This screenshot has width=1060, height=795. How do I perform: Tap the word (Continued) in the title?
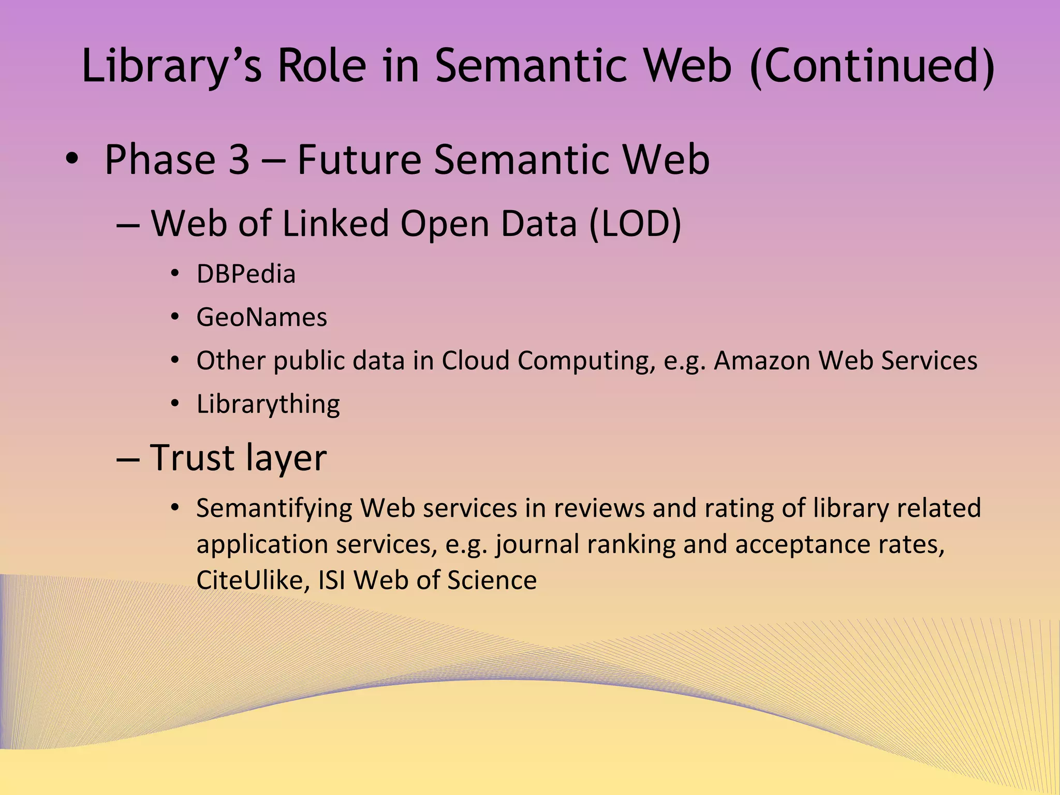point(872,66)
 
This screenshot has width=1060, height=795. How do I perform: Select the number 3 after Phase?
point(239,159)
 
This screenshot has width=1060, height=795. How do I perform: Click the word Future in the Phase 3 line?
point(359,159)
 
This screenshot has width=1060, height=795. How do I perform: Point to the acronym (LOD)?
point(635,224)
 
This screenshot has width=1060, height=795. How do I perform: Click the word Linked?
point(335,224)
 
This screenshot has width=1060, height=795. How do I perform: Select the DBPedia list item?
point(246,274)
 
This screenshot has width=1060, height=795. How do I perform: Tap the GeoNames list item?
point(262,317)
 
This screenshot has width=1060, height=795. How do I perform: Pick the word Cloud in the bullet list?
point(476,361)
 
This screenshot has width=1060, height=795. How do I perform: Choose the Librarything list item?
point(268,404)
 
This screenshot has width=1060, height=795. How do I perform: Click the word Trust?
point(192,458)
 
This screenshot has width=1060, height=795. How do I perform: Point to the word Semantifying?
point(274,508)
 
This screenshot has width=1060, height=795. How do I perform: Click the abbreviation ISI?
point(331,580)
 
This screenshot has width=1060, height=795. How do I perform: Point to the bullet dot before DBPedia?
point(175,274)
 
